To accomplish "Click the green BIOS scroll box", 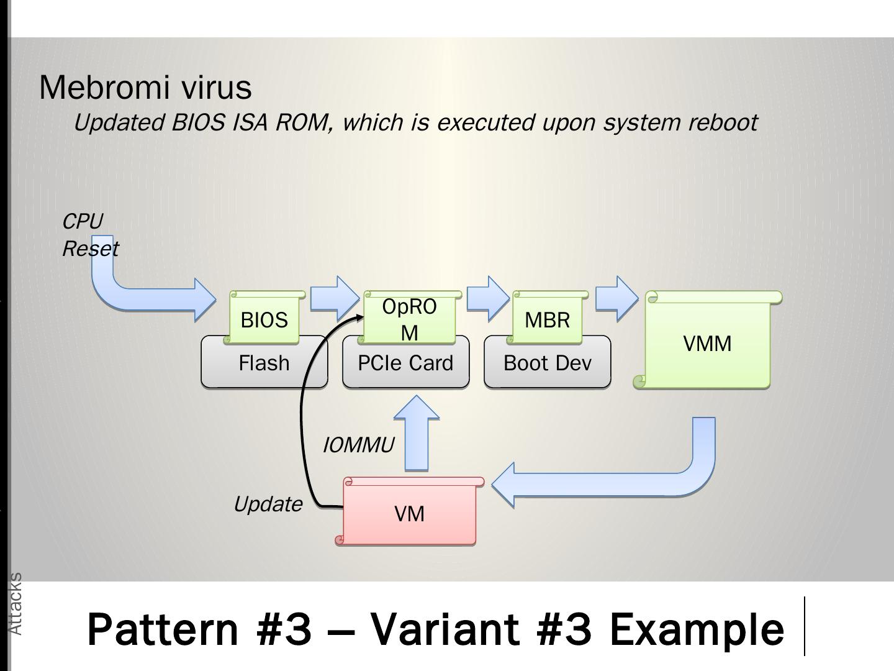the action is click(x=264, y=317).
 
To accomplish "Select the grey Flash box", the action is click(x=264, y=362).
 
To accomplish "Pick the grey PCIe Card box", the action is click(x=405, y=362).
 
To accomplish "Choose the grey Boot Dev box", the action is click(x=548, y=362).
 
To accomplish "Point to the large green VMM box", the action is click(x=708, y=340).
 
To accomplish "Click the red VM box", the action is click(x=410, y=511).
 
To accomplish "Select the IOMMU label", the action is click(x=358, y=445).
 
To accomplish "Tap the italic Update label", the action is click(x=268, y=504).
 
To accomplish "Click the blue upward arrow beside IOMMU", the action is click(x=417, y=433).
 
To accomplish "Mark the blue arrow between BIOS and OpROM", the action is click(x=335, y=299).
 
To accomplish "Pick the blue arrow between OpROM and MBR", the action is click(x=488, y=299).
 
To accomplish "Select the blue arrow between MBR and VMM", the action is click(x=617, y=299).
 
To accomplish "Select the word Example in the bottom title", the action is click(x=697, y=629).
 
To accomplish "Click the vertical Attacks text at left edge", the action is click(x=16, y=604).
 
